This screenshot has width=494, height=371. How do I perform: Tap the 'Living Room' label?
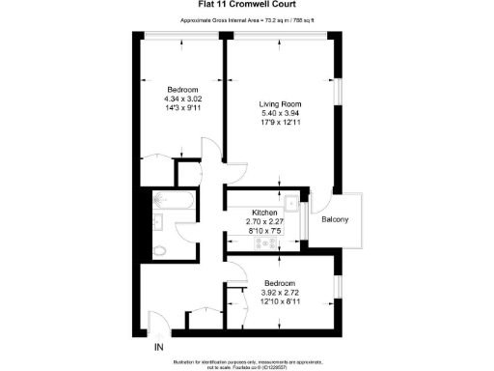(x=280, y=103)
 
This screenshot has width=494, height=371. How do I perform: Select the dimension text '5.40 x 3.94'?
(x=280, y=113)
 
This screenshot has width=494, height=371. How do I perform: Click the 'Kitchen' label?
(x=265, y=213)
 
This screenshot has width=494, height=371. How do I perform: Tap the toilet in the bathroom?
(x=162, y=251)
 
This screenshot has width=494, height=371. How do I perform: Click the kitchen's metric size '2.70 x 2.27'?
(x=265, y=222)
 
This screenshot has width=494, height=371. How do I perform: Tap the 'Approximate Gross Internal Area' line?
(x=247, y=20)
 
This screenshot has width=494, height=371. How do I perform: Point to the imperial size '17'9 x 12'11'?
(x=280, y=123)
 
